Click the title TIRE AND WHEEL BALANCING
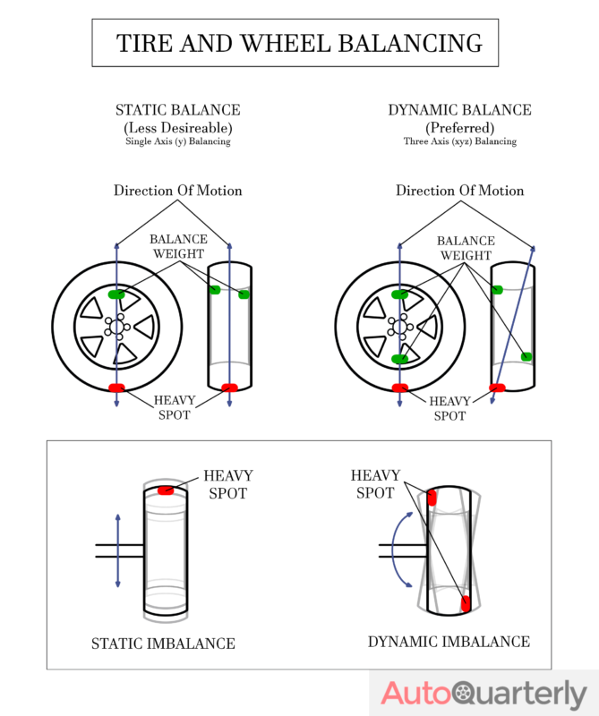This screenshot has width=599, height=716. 299,42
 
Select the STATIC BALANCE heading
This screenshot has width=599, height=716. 177,110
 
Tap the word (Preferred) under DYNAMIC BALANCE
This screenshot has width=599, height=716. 459,127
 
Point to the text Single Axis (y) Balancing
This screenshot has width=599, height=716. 177,141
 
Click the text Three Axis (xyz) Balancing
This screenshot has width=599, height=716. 459,141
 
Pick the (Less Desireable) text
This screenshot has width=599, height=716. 177,127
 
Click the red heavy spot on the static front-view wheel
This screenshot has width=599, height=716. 116,388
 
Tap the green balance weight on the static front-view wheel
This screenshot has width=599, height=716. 116,294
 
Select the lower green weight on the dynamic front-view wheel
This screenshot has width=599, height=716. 399,359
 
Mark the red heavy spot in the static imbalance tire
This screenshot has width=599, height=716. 166,490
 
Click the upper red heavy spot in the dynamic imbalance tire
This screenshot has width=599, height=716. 432,498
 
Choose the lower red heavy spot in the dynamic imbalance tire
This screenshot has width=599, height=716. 465,603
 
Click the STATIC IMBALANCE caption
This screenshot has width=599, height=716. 163,644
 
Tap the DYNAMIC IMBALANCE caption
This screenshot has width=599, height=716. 449,642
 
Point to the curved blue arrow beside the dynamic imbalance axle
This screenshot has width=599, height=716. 396,549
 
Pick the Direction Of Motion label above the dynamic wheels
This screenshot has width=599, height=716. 459,191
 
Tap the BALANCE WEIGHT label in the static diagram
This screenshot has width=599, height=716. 177,247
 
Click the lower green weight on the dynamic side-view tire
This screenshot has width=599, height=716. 526,356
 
